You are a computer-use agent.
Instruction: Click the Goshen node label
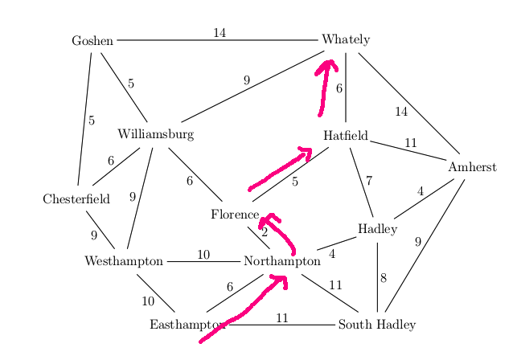tap(92, 40)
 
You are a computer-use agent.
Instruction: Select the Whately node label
tap(345, 39)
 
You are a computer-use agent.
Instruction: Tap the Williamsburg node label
tap(155, 134)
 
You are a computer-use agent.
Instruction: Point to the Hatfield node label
tap(346, 135)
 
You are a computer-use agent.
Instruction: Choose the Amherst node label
tap(472, 167)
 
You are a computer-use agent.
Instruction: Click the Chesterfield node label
tap(76, 199)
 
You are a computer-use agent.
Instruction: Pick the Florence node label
tap(235, 215)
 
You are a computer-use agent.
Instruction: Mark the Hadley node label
tap(377, 229)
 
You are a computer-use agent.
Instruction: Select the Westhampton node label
tap(124, 261)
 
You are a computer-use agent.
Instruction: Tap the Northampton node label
tap(281, 261)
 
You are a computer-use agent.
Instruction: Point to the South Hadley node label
tap(376, 325)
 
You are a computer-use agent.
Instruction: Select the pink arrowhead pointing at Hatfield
tap(306, 150)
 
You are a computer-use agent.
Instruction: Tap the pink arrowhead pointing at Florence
tap(267, 218)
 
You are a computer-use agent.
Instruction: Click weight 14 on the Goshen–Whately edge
tap(220, 33)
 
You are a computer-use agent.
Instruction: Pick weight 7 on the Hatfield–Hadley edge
tap(368, 182)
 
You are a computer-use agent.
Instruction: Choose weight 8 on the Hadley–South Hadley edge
tap(384, 279)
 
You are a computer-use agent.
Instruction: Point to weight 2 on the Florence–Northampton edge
tap(264, 232)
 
